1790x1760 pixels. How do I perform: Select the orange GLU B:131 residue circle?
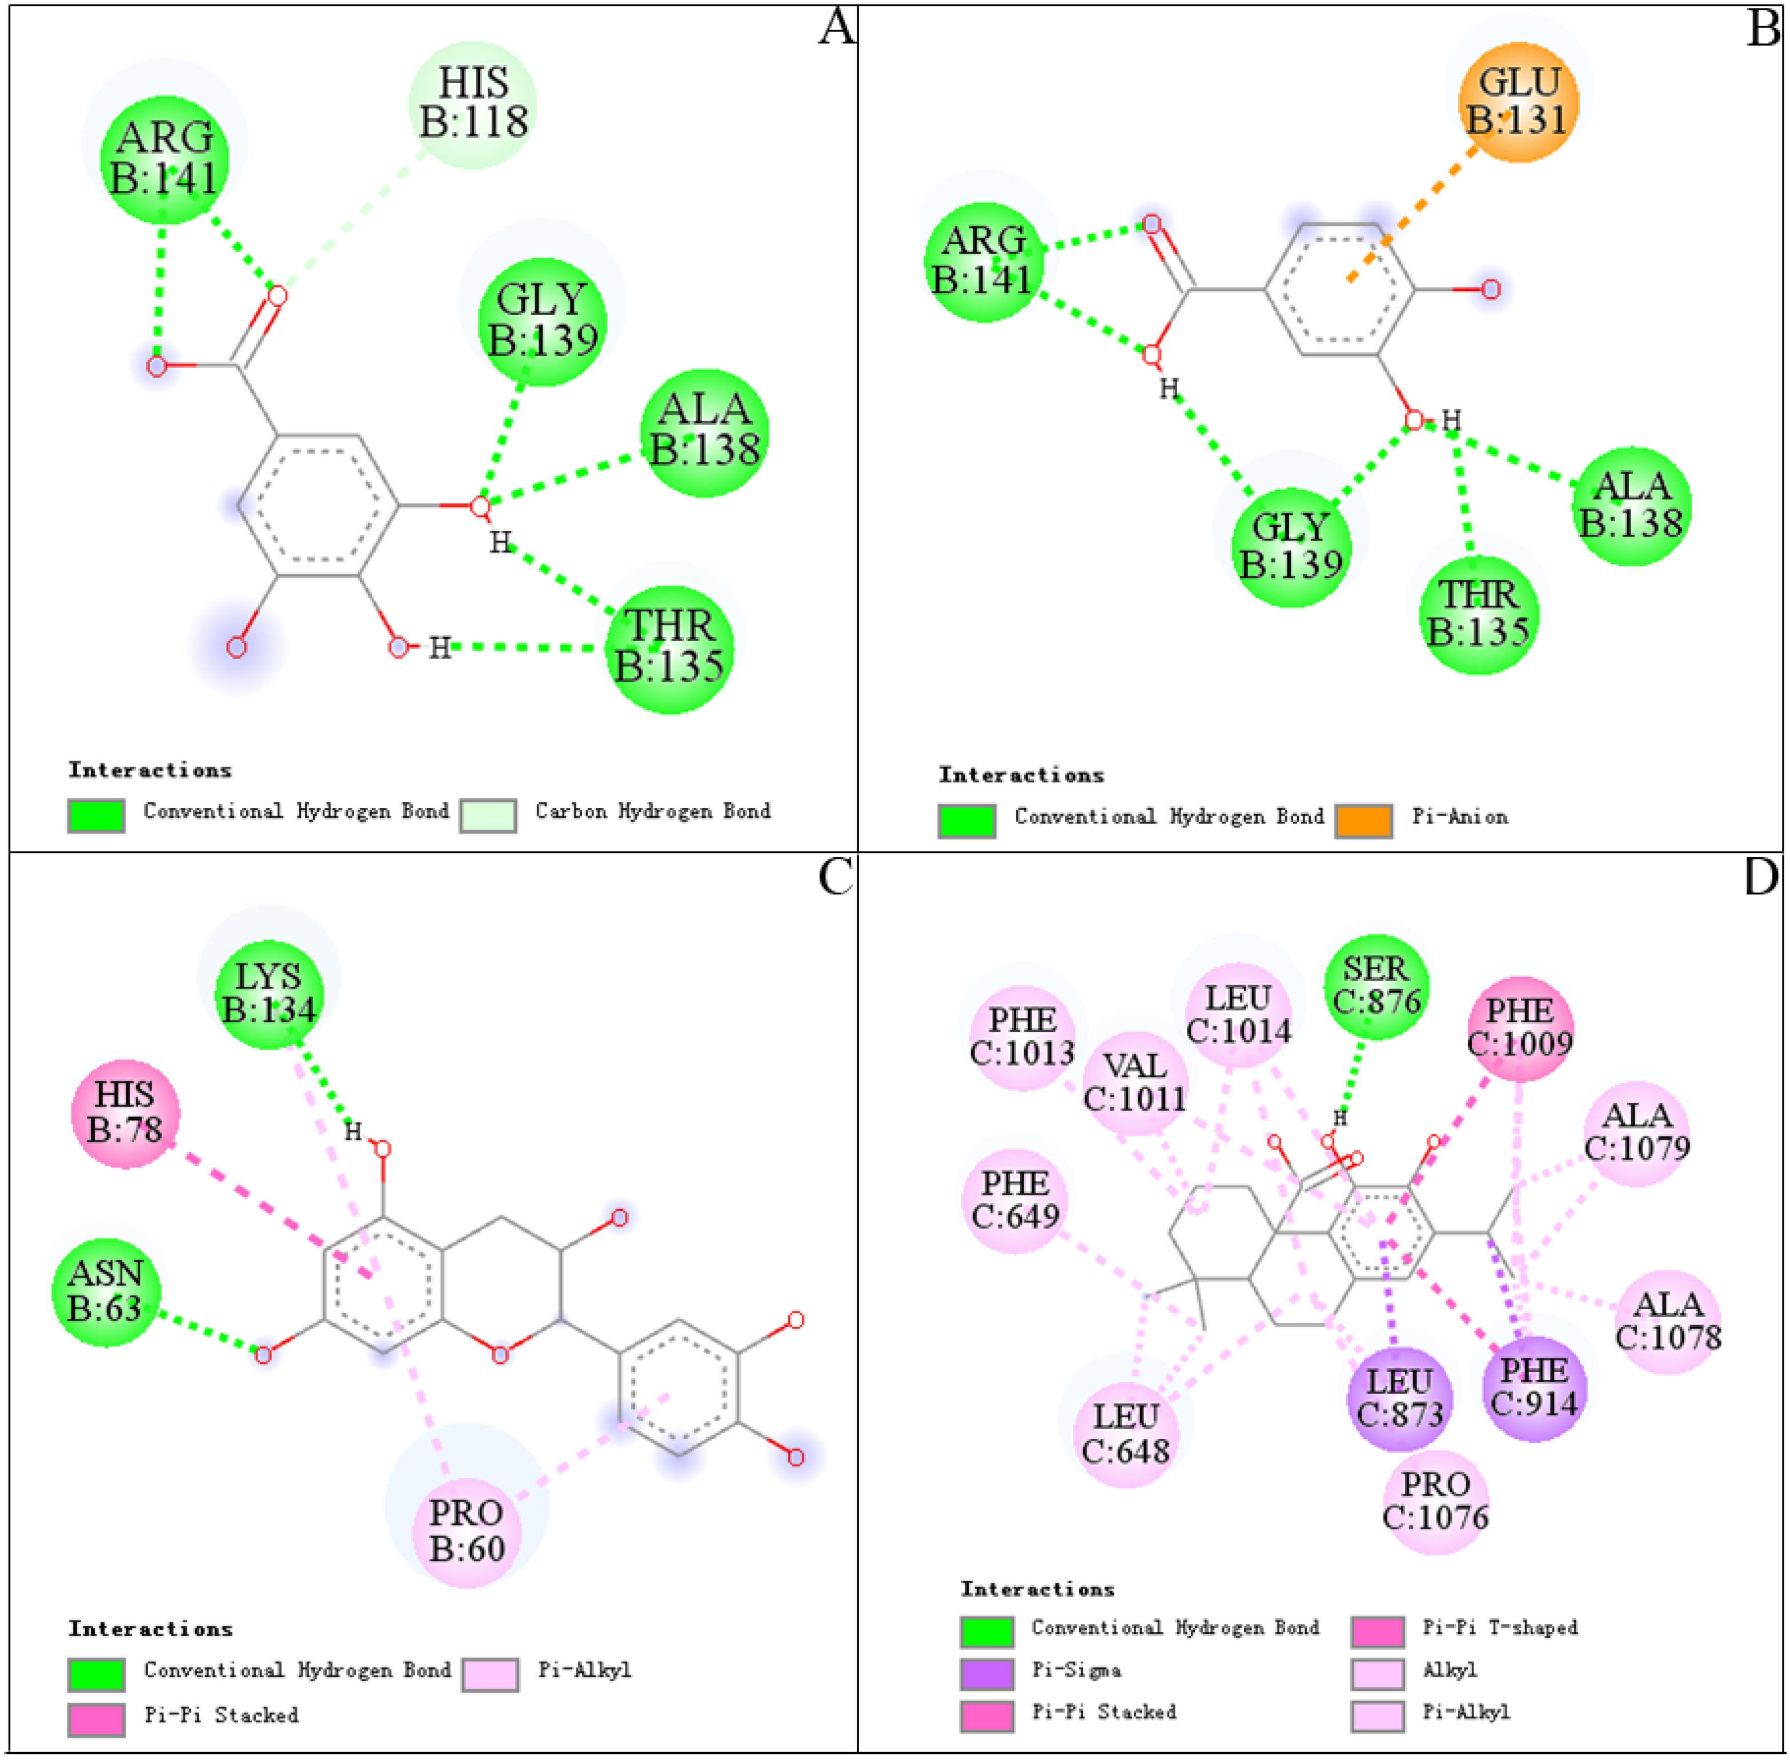[1518, 102]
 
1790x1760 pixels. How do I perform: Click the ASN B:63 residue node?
[105, 1291]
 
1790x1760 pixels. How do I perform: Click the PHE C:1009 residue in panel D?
[1519, 1028]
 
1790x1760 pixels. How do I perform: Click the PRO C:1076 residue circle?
[1435, 1502]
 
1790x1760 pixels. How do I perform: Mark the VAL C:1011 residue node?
[1135, 1082]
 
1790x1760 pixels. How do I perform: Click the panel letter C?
[836, 877]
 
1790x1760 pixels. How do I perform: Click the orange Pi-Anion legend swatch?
[1363, 821]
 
